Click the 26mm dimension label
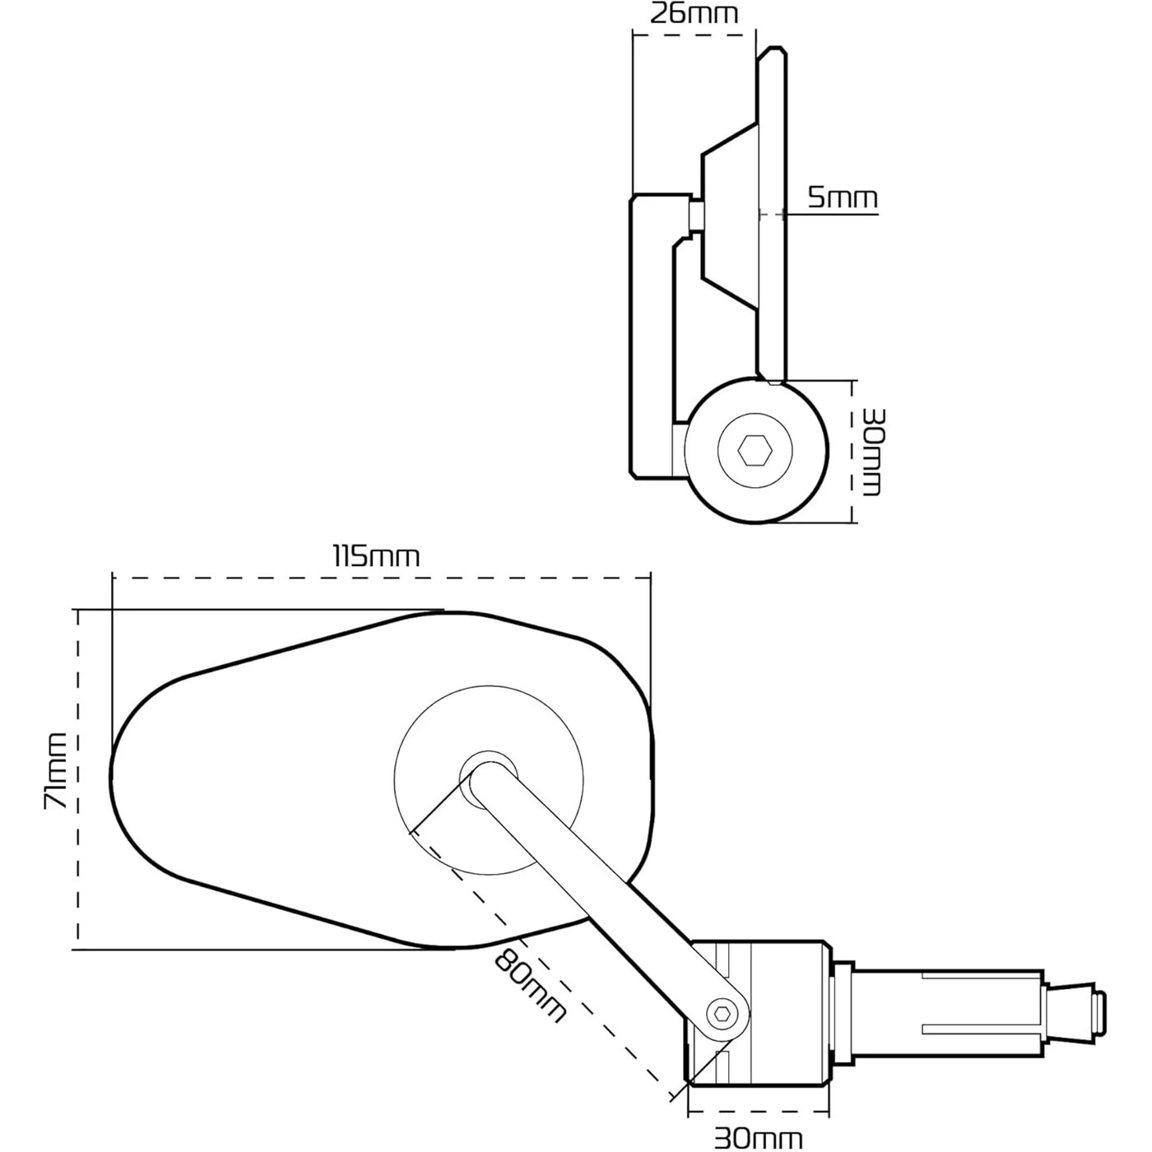pyautogui.click(x=694, y=14)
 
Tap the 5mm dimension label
pyautogui.click(x=843, y=197)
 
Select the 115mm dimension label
pyautogui.click(x=376, y=556)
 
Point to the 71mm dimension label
pyautogui.click(x=55, y=771)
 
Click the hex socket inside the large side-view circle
pyautogui.click(x=755, y=451)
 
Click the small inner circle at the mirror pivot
pyautogui.click(x=489, y=778)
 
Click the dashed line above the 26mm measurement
pyautogui.click(x=694, y=35)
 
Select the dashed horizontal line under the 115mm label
pyautogui.click(x=382, y=578)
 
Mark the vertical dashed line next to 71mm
pyautogui.click(x=78, y=779)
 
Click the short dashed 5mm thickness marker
pyautogui.click(x=771, y=214)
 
